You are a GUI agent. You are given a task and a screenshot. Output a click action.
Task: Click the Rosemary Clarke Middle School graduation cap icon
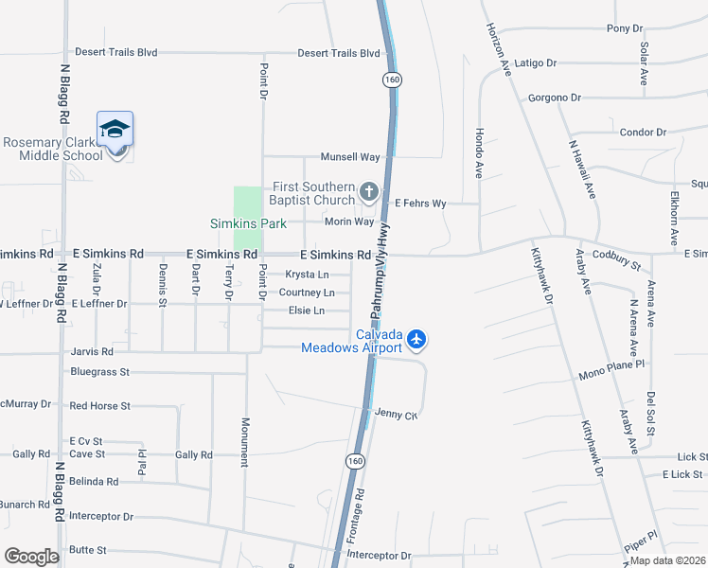115,129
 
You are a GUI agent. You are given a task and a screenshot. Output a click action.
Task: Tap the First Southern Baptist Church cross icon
369,193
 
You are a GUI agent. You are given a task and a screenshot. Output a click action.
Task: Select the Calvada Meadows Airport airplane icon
417,338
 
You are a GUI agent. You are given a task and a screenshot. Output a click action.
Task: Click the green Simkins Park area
247,203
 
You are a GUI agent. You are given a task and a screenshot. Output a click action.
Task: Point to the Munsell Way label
350,156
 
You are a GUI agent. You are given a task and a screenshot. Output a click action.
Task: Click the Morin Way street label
349,222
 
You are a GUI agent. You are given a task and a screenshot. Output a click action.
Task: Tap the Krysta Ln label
307,275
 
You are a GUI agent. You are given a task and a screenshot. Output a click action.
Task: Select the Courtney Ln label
306,293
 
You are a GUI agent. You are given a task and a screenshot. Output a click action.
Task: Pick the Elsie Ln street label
306,311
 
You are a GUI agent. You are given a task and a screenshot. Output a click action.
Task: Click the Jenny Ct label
396,415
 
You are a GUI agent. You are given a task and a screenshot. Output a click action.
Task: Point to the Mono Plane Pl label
611,364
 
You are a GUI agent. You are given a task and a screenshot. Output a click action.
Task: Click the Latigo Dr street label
536,62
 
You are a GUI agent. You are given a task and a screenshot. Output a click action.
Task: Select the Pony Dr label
625,28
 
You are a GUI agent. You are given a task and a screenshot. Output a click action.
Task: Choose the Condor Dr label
643,133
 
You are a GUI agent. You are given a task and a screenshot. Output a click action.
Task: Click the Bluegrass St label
99,372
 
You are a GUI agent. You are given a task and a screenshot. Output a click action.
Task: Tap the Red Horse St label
99,405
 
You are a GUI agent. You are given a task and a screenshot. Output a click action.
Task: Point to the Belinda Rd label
92,481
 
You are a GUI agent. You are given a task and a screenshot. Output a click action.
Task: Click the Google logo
31,557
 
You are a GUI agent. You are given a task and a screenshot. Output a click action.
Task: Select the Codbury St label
616,255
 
